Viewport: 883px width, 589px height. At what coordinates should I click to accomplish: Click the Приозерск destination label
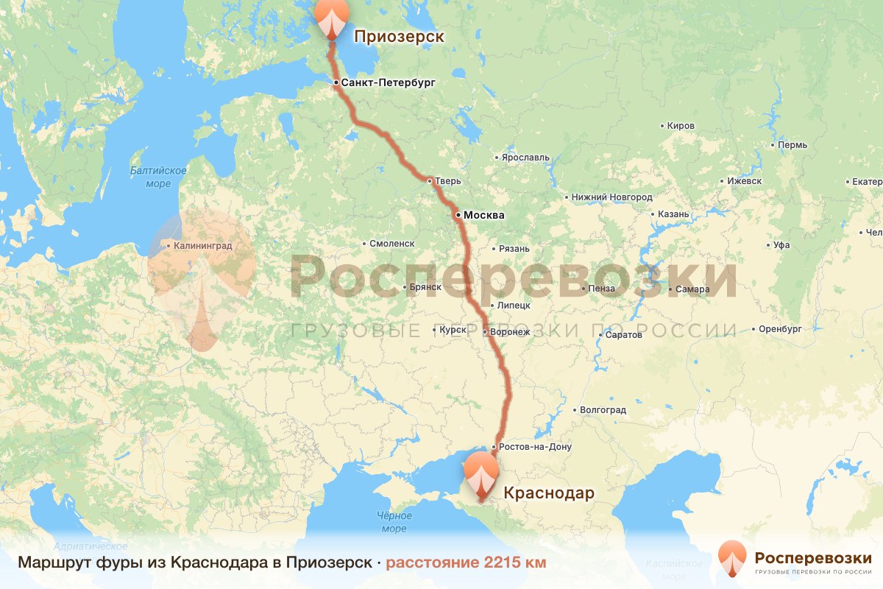point(400,36)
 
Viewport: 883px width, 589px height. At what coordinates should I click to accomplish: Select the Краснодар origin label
point(548,493)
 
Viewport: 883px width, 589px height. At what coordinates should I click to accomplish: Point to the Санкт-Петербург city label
point(389,83)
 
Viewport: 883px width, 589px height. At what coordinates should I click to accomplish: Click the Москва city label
point(483,216)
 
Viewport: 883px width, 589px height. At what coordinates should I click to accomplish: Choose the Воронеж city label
point(510,333)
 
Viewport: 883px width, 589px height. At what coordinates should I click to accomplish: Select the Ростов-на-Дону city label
point(534,447)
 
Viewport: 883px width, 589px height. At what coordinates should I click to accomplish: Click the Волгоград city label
point(603,410)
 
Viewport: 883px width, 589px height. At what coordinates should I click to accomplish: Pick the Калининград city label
point(203,246)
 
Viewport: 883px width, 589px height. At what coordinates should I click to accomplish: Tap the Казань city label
point(673,214)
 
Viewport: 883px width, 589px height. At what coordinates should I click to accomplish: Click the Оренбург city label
point(780,329)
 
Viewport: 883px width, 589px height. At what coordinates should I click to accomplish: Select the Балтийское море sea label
point(158,177)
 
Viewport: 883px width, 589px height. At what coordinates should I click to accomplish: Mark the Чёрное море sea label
point(394,522)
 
